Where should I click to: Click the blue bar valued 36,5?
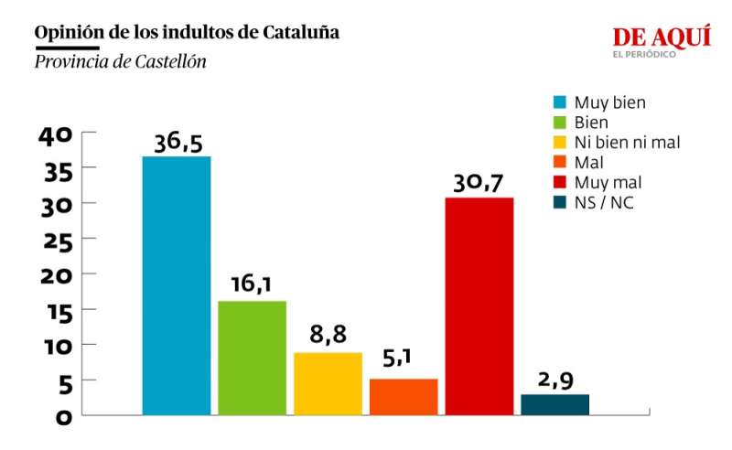[177, 285]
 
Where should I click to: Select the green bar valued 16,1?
[253, 358]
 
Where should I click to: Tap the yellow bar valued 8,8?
[328, 383]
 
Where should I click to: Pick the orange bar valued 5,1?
[404, 396]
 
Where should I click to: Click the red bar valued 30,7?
[479, 305]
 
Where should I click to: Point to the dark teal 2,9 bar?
[554, 404]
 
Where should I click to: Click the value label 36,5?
[178, 144]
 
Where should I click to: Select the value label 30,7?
[479, 184]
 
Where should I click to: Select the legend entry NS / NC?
[604, 202]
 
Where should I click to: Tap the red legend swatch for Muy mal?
[558, 182]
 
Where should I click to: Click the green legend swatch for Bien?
[558, 123]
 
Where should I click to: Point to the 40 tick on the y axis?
[55, 135]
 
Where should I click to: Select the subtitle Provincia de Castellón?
[120, 62]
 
